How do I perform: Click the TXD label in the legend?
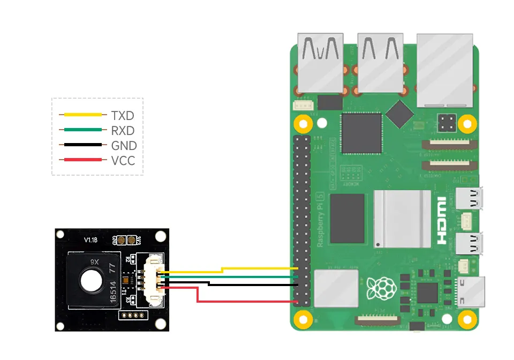123,115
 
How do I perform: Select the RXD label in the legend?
123,130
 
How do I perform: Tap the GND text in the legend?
124,145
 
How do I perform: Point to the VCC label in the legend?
123,160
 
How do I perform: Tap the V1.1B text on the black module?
90,241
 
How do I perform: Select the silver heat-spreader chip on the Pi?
402,219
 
